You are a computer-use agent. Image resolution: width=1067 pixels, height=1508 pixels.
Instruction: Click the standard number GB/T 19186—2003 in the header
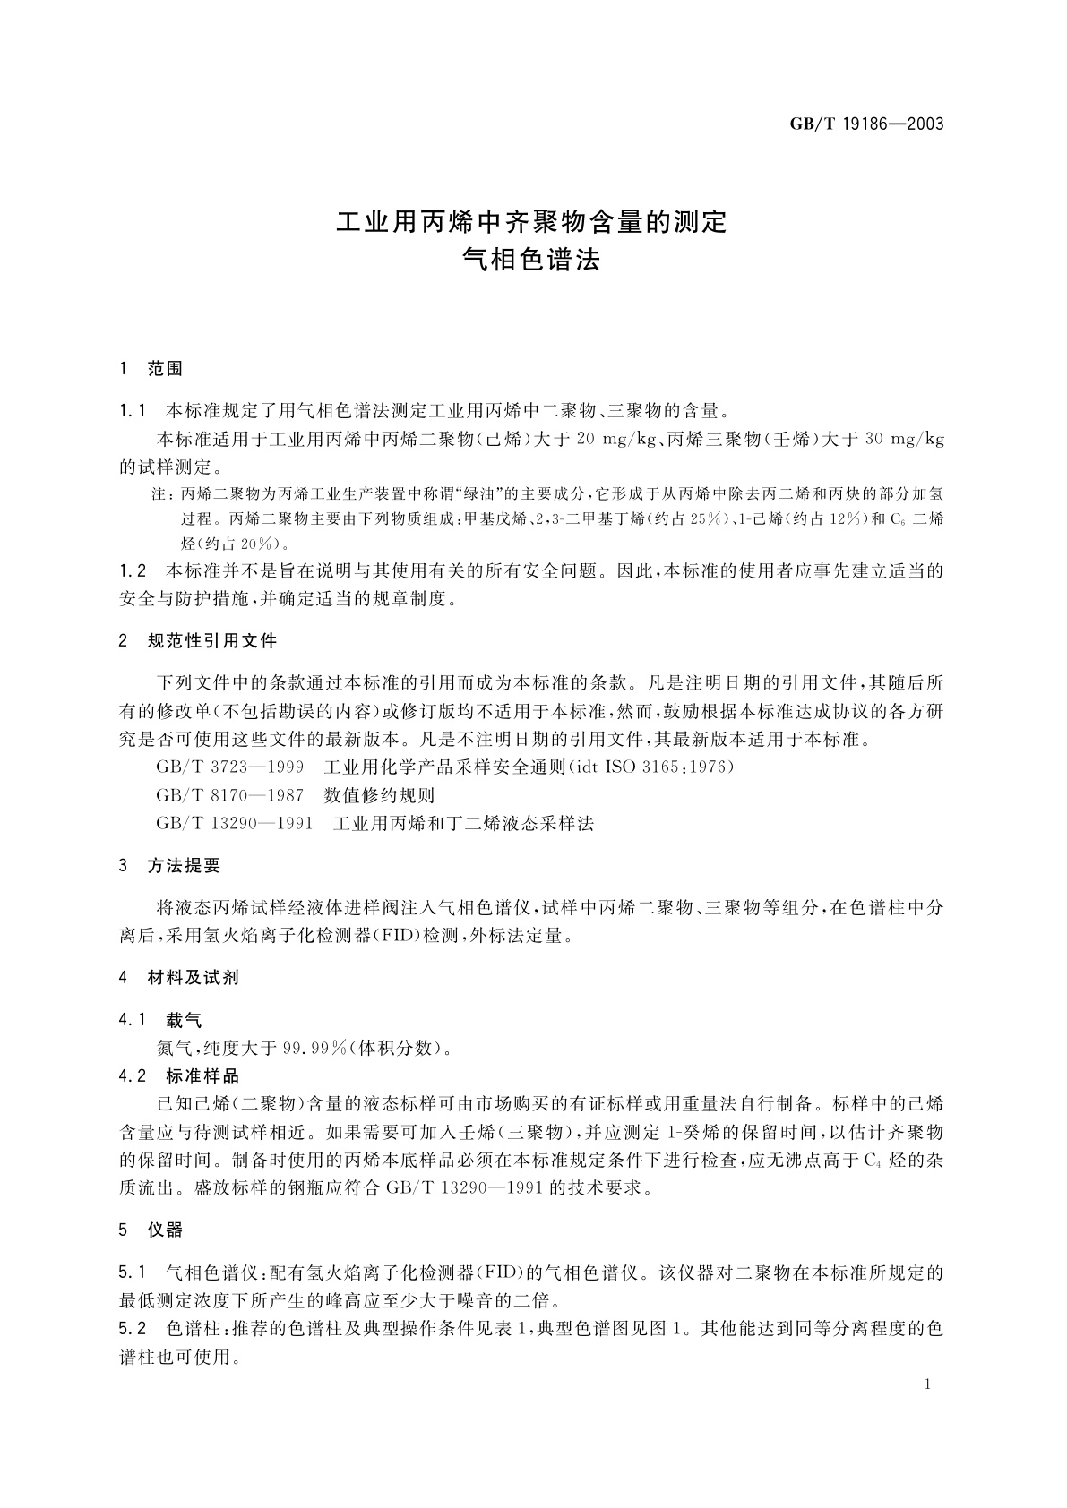click(866, 124)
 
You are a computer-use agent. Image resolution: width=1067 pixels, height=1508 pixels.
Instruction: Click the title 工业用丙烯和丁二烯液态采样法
click(463, 823)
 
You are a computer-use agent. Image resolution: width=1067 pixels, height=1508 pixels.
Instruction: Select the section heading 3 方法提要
click(169, 866)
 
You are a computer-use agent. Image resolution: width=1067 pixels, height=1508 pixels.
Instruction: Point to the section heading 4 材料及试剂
click(178, 978)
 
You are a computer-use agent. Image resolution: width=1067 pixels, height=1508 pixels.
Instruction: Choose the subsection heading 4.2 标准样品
click(179, 1075)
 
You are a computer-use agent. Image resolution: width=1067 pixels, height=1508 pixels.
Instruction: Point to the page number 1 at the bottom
click(927, 1384)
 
